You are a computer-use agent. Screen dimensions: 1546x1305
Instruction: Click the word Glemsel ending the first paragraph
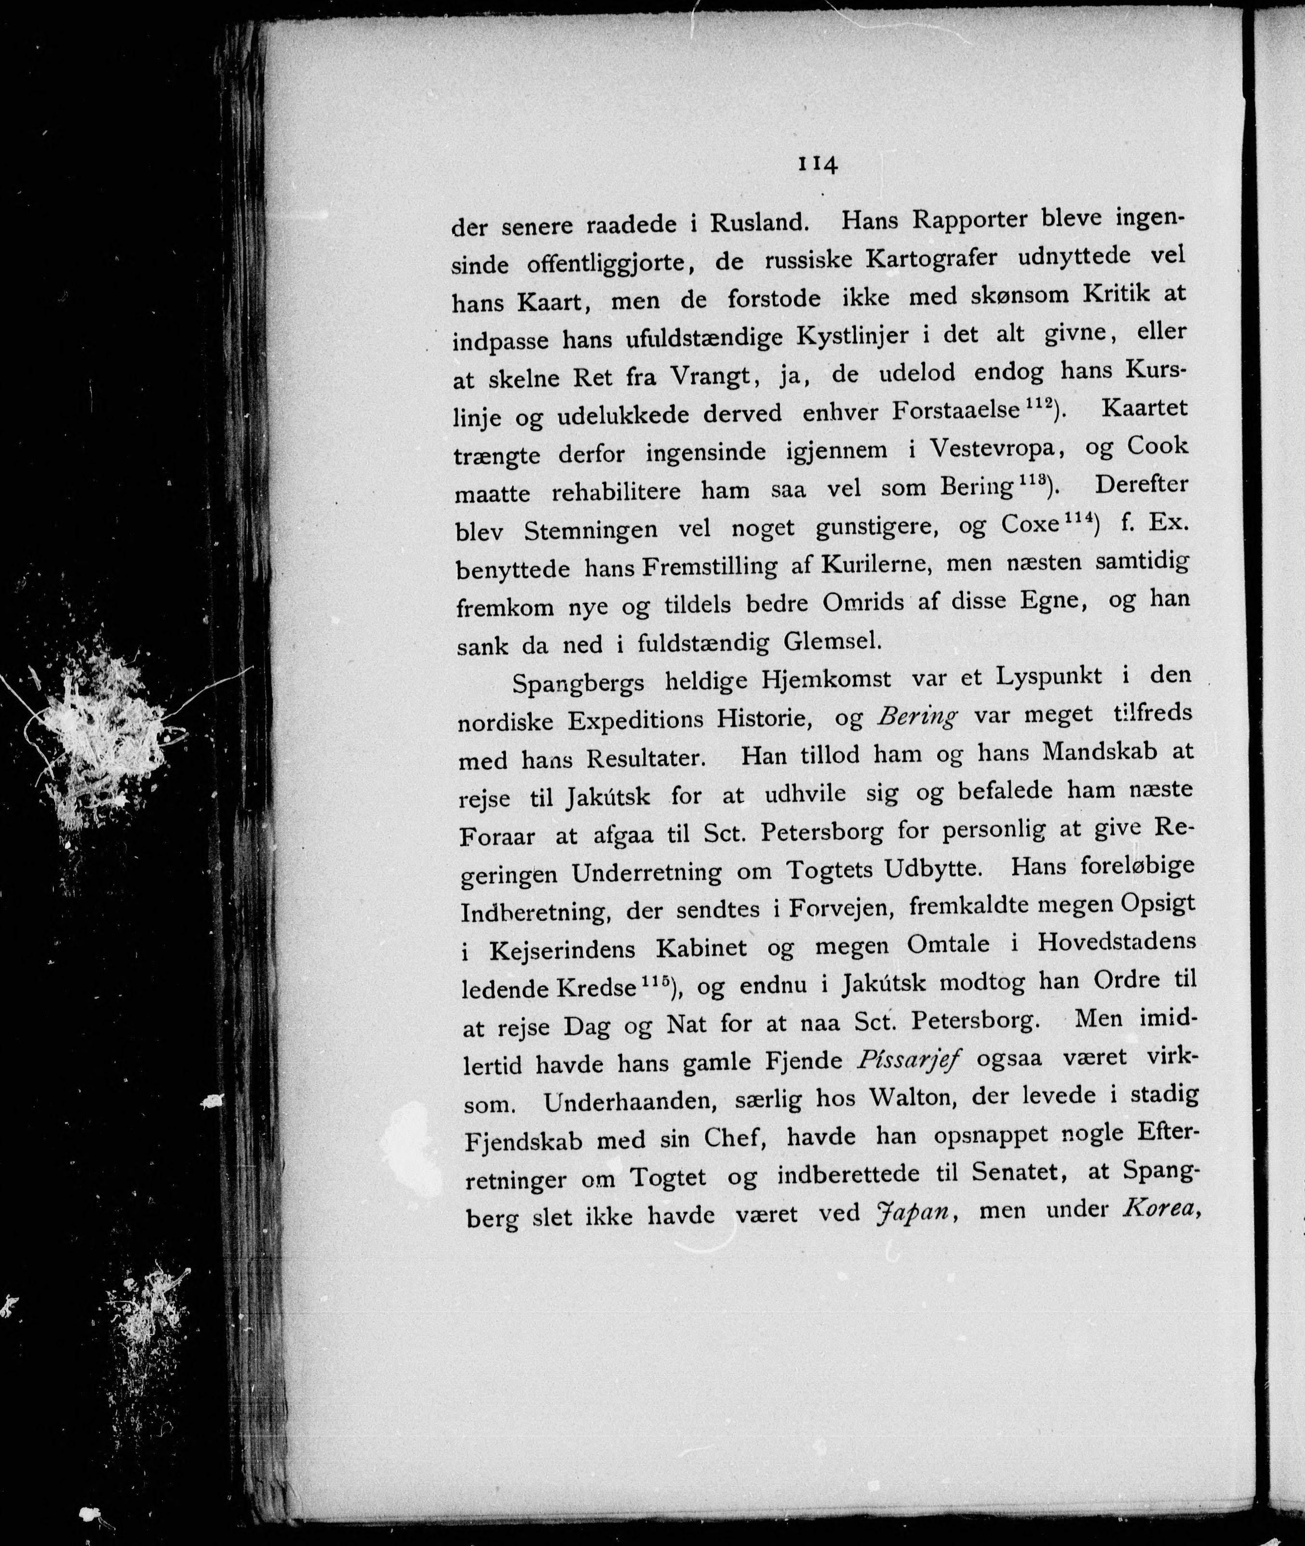pos(832,641)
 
